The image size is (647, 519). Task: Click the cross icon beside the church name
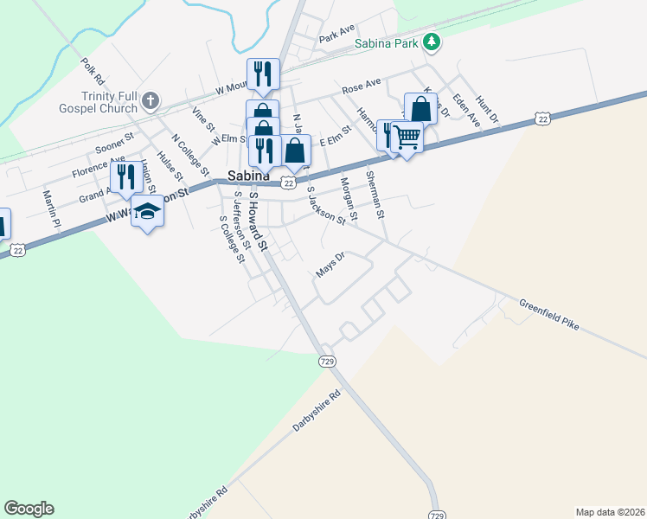pos(151,101)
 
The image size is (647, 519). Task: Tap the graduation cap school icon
pos(148,212)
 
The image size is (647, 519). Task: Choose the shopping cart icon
pos(407,136)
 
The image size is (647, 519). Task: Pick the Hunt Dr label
pos(487,110)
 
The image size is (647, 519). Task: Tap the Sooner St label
pos(115,143)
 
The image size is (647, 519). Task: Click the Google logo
pos(29,509)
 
